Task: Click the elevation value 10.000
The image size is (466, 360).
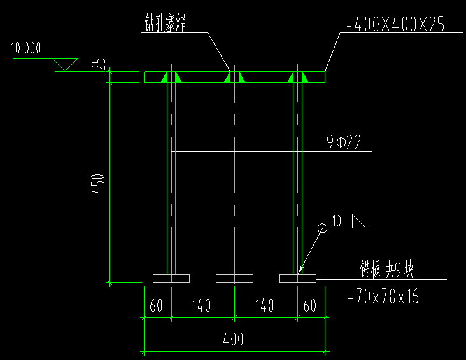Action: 26,48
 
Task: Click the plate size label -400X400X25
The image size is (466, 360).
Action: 395,25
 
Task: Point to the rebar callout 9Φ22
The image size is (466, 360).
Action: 344,143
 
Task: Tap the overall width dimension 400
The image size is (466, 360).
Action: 233,339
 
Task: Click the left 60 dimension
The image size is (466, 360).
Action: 156,306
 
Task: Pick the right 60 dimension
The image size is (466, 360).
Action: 310,306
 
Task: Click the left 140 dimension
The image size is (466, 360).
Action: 201,306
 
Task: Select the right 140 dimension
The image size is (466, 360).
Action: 265,306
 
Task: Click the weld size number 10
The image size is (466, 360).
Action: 337,221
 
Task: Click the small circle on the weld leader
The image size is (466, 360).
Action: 322,228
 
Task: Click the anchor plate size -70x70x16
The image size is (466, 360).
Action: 384,296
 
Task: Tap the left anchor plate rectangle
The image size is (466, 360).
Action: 171,279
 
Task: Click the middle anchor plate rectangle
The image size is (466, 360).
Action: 234,279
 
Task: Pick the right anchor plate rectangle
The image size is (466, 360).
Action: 297,279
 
